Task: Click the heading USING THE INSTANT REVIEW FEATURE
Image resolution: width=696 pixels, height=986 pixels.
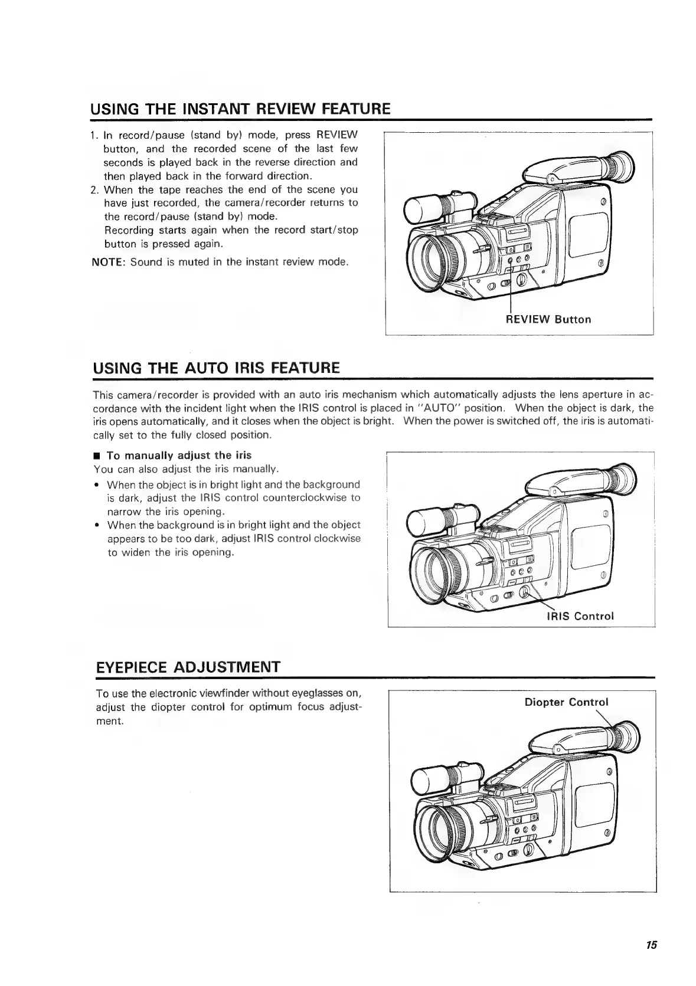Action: point(240,109)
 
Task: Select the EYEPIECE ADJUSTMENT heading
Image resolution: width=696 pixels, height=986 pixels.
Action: point(188,667)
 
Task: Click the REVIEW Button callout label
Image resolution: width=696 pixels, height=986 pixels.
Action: point(548,320)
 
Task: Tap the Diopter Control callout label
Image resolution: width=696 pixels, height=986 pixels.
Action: point(566,702)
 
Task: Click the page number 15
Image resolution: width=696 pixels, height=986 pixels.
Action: point(651,945)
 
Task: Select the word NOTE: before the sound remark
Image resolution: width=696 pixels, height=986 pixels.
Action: point(108,261)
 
